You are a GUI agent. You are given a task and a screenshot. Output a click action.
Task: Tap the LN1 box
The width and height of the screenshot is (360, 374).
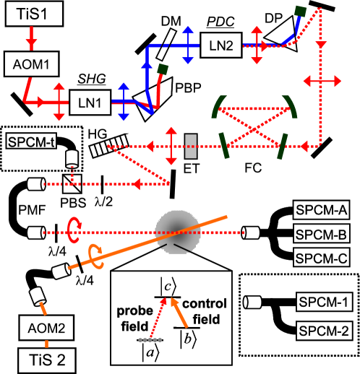point(90,103)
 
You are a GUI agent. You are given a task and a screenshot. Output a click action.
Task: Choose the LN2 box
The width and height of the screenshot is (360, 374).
point(220,45)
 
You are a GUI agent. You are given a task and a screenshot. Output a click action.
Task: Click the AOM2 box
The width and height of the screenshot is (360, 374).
point(46,328)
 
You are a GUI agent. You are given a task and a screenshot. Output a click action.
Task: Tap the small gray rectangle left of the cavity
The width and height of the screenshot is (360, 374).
point(191,146)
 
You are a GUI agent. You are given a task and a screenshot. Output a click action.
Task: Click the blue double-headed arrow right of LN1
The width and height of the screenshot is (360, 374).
point(124,102)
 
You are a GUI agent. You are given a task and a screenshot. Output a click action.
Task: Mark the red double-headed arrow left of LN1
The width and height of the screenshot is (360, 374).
point(59,102)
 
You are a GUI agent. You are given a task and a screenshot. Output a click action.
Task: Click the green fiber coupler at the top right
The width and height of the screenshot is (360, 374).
point(300,11)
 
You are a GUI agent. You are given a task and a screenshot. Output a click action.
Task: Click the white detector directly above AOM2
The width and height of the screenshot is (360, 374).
point(38,297)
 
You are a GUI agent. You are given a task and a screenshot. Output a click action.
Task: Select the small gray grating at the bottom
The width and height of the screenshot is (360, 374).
point(150,339)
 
